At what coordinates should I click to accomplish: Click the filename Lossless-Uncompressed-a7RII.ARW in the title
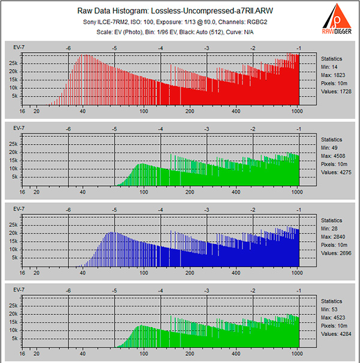tap(214, 11)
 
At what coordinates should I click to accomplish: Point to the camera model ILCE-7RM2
tap(125, 21)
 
